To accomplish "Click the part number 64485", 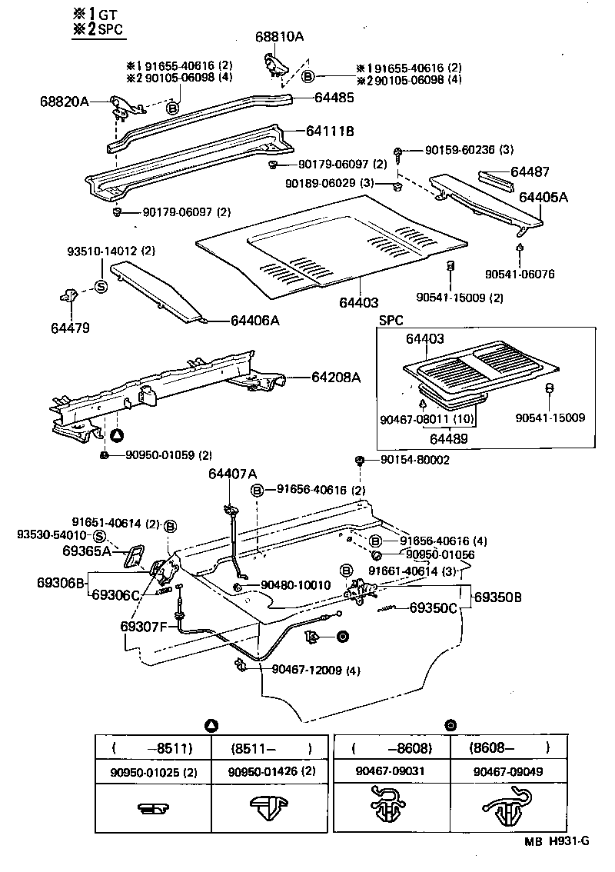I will (x=334, y=98).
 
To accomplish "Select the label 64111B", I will (x=330, y=131).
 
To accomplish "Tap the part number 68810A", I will (x=280, y=36).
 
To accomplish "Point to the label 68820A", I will (x=65, y=101).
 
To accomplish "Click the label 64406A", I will (x=254, y=321).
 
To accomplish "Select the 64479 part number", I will (x=71, y=328).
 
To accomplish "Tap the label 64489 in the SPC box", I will (x=450, y=438).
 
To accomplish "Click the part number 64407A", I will (x=232, y=474).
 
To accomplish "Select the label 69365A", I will (x=86, y=551).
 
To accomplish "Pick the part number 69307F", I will (x=143, y=626).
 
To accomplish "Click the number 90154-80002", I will (x=414, y=460).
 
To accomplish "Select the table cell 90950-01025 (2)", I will (x=152, y=771).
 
